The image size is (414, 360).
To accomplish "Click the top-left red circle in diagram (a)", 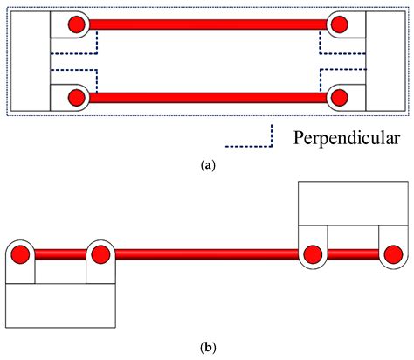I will coord(76,24).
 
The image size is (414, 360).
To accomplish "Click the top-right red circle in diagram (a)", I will coord(339,24).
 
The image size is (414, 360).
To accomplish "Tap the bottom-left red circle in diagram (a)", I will coord(76,97).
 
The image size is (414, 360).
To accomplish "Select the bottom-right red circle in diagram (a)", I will coord(339,97).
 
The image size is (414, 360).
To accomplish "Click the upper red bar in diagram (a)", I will coord(207,24).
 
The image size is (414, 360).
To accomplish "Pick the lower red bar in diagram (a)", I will coord(207,97).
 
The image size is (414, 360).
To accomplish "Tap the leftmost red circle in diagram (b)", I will coord(20,254).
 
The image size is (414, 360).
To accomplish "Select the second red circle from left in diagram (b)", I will coord(100,254).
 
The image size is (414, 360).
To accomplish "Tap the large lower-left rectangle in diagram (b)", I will coord(61,306).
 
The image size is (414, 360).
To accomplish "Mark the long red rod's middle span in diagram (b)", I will coord(207,254).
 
